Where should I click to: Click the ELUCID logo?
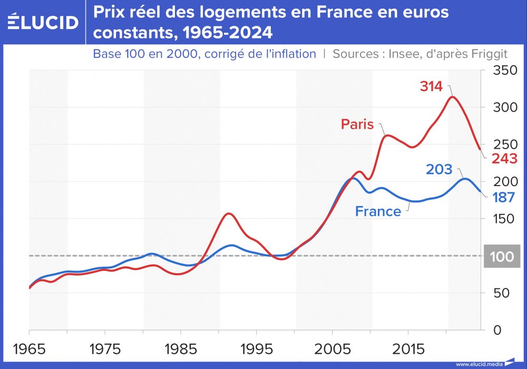point(43,22)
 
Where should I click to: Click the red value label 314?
point(431,86)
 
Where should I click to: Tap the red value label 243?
point(504,159)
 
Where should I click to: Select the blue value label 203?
point(439,169)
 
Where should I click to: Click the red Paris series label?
point(357,124)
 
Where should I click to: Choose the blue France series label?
point(378,211)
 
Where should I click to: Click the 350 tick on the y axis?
point(503,71)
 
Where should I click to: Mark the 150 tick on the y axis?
point(503,219)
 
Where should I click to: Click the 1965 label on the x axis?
point(28,349)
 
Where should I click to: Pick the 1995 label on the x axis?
point(256,349)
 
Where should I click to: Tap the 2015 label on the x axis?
point(408,349)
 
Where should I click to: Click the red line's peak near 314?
point(452,96)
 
